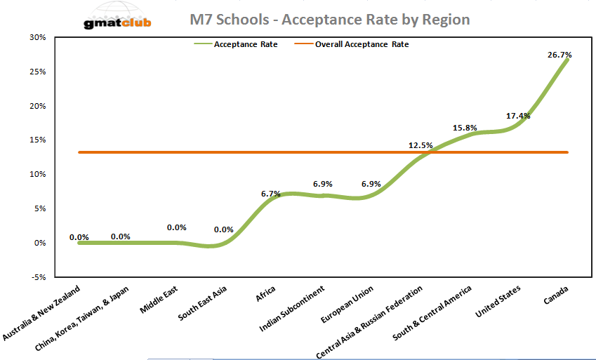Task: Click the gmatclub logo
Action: tap(117, 19)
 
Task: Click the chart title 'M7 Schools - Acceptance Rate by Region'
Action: tap(330, 19)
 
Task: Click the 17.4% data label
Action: tap(518, 116)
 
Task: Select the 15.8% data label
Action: tap(466, 128)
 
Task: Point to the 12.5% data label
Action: tap(420, 146)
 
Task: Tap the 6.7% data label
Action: tap(270, 193)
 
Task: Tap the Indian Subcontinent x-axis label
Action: tap(294, 309)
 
